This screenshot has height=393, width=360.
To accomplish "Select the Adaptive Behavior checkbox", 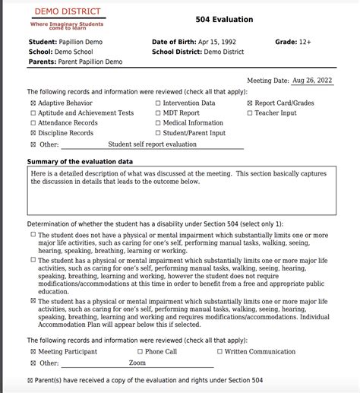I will [32, 103].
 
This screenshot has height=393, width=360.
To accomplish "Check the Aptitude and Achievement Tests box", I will [32, 113].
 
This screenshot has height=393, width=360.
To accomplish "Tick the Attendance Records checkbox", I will [32, 123].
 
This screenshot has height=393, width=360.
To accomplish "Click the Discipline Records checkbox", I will [32, 133].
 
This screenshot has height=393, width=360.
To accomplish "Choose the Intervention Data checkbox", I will [157, 103].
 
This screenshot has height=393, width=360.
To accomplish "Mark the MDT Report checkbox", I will [157, 113].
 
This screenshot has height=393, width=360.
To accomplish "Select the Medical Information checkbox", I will [157, 123].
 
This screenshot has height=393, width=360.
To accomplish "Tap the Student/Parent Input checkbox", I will [157, 133].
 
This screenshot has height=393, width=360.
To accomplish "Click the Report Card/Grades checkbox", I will [250, 103].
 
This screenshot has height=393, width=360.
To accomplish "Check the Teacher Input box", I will [250, 113].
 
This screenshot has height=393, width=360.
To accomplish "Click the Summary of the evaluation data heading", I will [80, 161].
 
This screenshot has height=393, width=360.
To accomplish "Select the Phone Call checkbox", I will [140, 352].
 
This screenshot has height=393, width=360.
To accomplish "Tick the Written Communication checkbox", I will [220, 352].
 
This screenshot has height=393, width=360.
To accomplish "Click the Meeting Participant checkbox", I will [32, 352].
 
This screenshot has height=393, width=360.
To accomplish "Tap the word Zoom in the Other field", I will [137, 363].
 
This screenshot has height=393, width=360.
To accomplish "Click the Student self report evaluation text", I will [152, 143].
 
